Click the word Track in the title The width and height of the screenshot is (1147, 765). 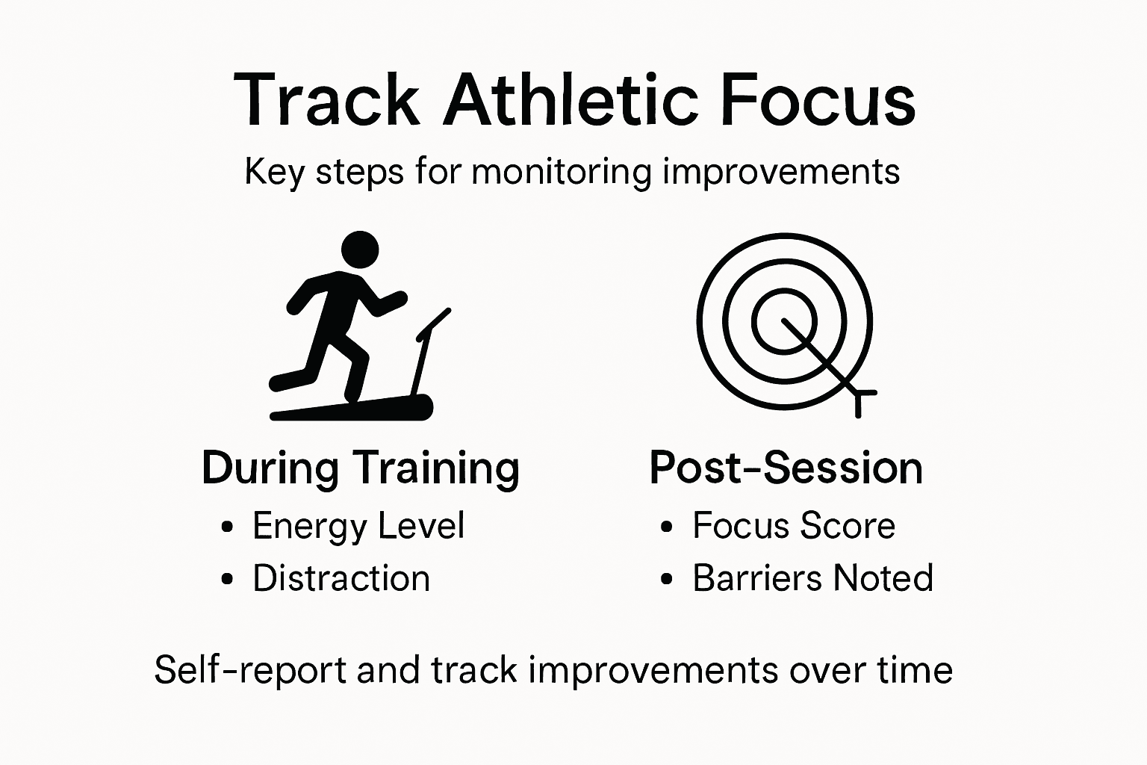326,100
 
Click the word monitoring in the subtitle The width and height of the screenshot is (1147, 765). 562,173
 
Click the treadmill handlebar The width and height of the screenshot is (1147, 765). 434,322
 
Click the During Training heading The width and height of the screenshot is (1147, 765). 361,468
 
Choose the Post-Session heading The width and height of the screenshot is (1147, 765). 786,468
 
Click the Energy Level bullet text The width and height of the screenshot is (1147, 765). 358,525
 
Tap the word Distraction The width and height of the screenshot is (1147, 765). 341,578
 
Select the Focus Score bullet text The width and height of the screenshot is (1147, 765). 793,525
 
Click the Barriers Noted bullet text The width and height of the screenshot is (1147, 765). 812,578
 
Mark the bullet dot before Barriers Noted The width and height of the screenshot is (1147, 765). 668,580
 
